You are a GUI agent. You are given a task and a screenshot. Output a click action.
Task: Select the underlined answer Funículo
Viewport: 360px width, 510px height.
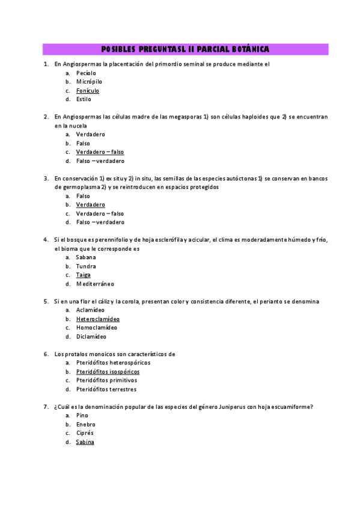pyautogui.click(x=88, y=90)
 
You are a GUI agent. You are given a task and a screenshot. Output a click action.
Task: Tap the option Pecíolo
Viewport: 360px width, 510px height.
pyautogui.click(x=86, y=72)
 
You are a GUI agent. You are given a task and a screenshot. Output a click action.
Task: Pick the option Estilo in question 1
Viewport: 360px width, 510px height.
pyautogui.click(x=84, y=99)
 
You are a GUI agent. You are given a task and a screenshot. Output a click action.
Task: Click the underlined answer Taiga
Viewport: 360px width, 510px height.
pyautogui.click(x=83, y=275)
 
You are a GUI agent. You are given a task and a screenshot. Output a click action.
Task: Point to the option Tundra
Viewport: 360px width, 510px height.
pyautogui.click(x=86, y=266)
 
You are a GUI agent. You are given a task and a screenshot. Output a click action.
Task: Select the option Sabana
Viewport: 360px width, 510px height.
pyautogui.click(x=86, y=257)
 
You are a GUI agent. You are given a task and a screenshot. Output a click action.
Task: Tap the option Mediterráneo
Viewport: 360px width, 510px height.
pyautogui.click(x=95, y=284)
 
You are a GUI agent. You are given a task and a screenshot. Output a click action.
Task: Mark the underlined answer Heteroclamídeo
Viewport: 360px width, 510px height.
pyautogui.click(x=97, y=319)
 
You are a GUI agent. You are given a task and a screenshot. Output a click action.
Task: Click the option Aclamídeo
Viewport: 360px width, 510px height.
pyautogui.click(x=90, y=310)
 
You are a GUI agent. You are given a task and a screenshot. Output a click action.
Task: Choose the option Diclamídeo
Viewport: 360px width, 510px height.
pyautogui.click(x=91, y=337)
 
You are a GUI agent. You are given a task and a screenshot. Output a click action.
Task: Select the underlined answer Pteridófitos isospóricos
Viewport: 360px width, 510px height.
pyautogui.click(x=108, y=372)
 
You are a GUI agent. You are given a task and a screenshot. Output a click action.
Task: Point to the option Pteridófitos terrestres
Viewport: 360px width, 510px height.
pyautogui.click(x=106, y=389)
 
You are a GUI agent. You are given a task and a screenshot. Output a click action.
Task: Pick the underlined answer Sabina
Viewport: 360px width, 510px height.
pyautogui.click(x=85, y=442)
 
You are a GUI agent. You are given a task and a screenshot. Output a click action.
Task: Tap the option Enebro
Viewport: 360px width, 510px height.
pyautogui.click(x=85, y=424)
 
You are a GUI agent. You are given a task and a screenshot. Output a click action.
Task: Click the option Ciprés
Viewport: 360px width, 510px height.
pyautogui.click(x=85, y=433)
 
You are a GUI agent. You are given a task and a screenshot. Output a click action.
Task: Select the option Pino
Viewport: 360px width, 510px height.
pyautogui.click(x=82, y=416)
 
